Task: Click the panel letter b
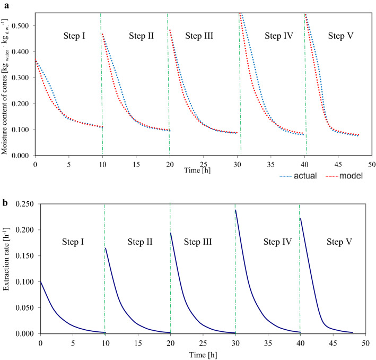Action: pyautogui.click(x=4, y=187)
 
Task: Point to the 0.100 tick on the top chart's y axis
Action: pyautogui.click(x=22, y=130)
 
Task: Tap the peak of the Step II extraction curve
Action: pyautogui.click(x=106, y=248)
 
